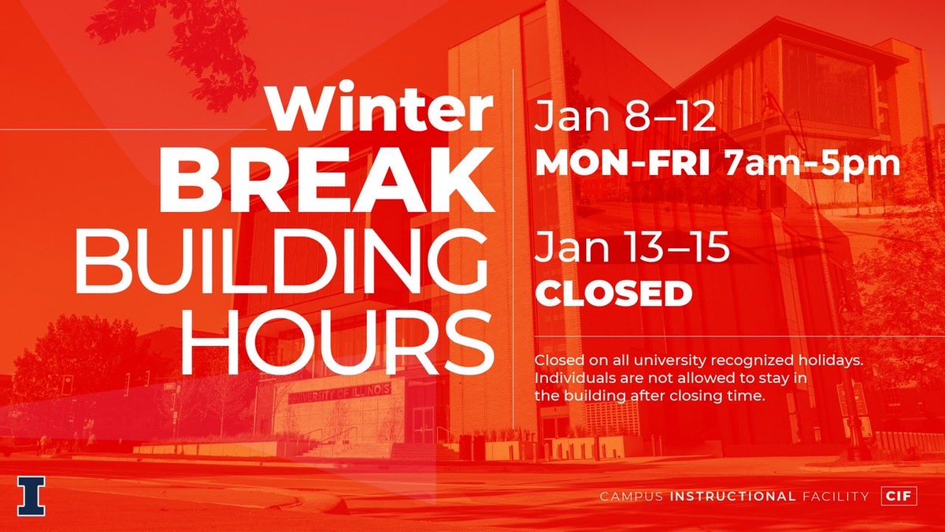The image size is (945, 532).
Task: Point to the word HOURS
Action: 339,337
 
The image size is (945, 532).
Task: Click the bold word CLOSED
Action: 613,294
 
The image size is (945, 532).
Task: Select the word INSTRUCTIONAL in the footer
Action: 732,497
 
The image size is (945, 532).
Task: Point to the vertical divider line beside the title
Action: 513,205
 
